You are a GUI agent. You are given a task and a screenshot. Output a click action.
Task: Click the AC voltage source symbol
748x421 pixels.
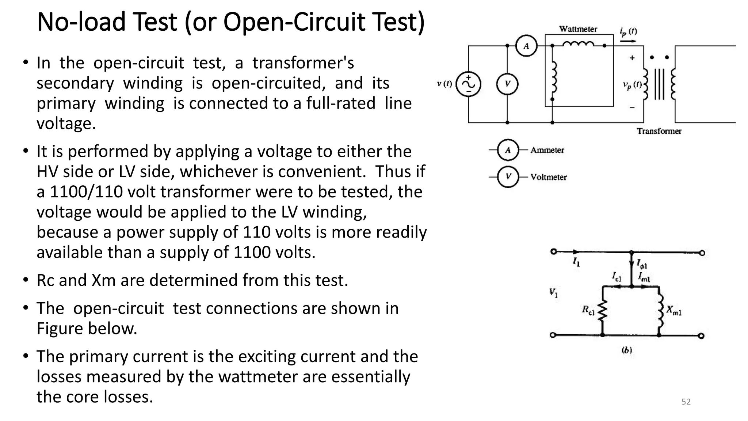[x=468, y=84]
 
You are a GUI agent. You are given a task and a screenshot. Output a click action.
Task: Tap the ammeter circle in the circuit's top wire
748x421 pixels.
[x=526, y=46]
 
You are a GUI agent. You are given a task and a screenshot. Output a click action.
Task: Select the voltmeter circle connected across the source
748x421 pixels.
[x=507, y=84]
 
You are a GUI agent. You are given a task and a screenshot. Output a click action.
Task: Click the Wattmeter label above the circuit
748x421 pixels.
[x=578, y=29]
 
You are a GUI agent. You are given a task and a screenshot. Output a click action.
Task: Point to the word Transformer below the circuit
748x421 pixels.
[x=659, y=131]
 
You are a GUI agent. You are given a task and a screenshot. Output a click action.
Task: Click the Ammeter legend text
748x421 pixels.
[x=547, y=150]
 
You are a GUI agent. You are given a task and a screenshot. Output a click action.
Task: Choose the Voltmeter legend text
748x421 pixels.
[x=549, y=177]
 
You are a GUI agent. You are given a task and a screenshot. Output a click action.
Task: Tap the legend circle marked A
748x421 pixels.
[x=508, y=150]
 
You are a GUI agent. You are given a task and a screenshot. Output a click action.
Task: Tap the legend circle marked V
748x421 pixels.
[x=508, y=177]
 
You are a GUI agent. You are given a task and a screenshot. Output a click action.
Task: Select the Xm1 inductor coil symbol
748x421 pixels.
[x=660, y=311]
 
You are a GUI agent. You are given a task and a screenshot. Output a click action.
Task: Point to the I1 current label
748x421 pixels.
[x=576, y=262]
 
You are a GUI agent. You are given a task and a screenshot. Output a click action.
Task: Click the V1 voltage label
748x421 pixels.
[x=553, y=293]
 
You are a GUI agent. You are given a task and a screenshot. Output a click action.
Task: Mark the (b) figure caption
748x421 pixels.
[x=627, y=350]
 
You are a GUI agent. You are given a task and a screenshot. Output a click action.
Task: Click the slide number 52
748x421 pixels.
[x=686, y=402]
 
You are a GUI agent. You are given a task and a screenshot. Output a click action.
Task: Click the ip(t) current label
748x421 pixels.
[x=628, y=32]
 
